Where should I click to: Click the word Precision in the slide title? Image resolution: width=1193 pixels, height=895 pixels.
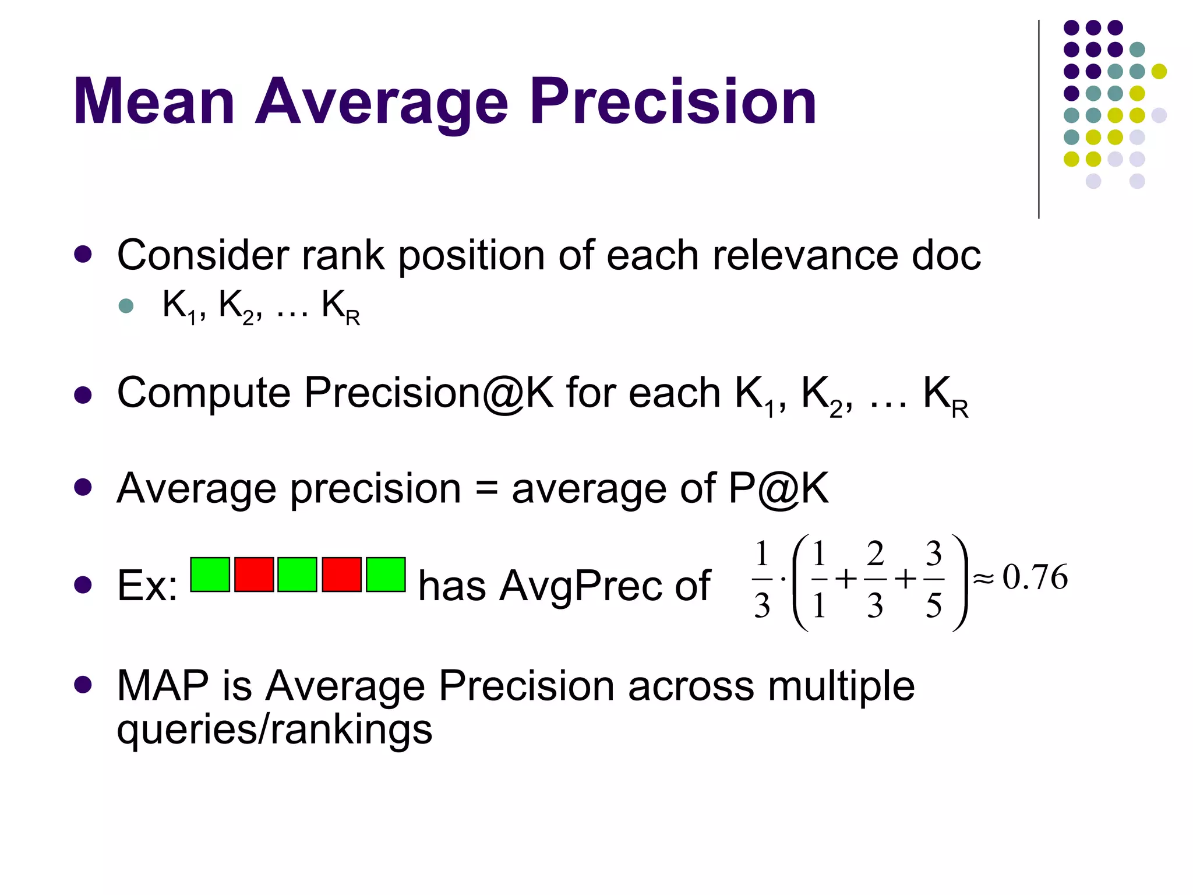coord(673,102)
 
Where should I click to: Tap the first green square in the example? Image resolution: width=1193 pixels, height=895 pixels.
coord(210,575)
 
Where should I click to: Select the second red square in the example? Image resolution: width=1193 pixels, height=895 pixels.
coord(341,575)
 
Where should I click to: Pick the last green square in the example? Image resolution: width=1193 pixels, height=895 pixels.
coord(386,575)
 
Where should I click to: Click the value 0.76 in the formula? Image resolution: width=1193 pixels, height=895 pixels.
coord(1035,577)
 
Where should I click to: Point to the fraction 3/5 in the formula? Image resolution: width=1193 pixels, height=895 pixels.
coord(934,579)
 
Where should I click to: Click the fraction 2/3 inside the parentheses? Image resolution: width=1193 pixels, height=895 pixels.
coord(875,579)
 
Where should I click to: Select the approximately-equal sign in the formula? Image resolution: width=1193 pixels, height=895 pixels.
coord(983,579)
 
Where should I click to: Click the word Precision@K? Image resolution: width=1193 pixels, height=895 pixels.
coord(428,393)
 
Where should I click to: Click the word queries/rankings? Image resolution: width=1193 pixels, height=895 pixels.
coord(274,729)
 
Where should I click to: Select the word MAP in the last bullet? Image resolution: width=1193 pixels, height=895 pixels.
coord(163,686)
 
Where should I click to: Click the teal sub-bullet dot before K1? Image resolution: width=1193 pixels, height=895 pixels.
coord(126,305)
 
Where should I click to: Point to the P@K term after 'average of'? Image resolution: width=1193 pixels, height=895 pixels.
coord(778,489)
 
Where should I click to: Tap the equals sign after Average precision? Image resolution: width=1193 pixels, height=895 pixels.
coord(486,489)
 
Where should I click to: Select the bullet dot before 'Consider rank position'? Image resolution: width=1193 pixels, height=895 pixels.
coord(83,255)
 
